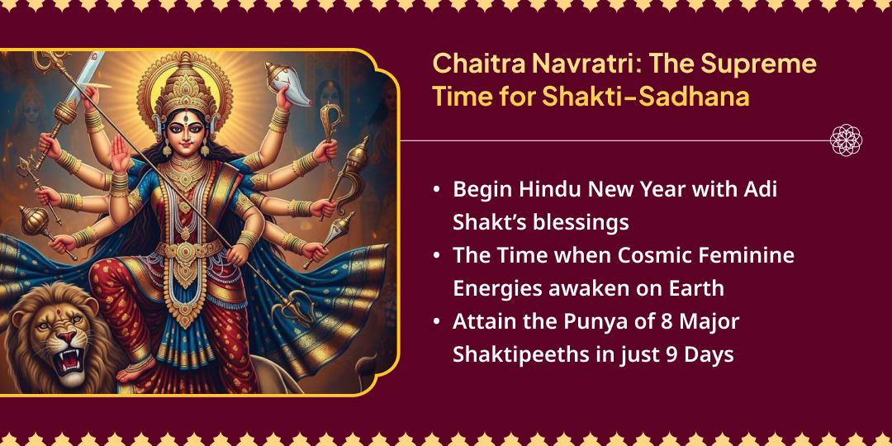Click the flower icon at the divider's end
846,140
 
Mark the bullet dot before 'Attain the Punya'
436,321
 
